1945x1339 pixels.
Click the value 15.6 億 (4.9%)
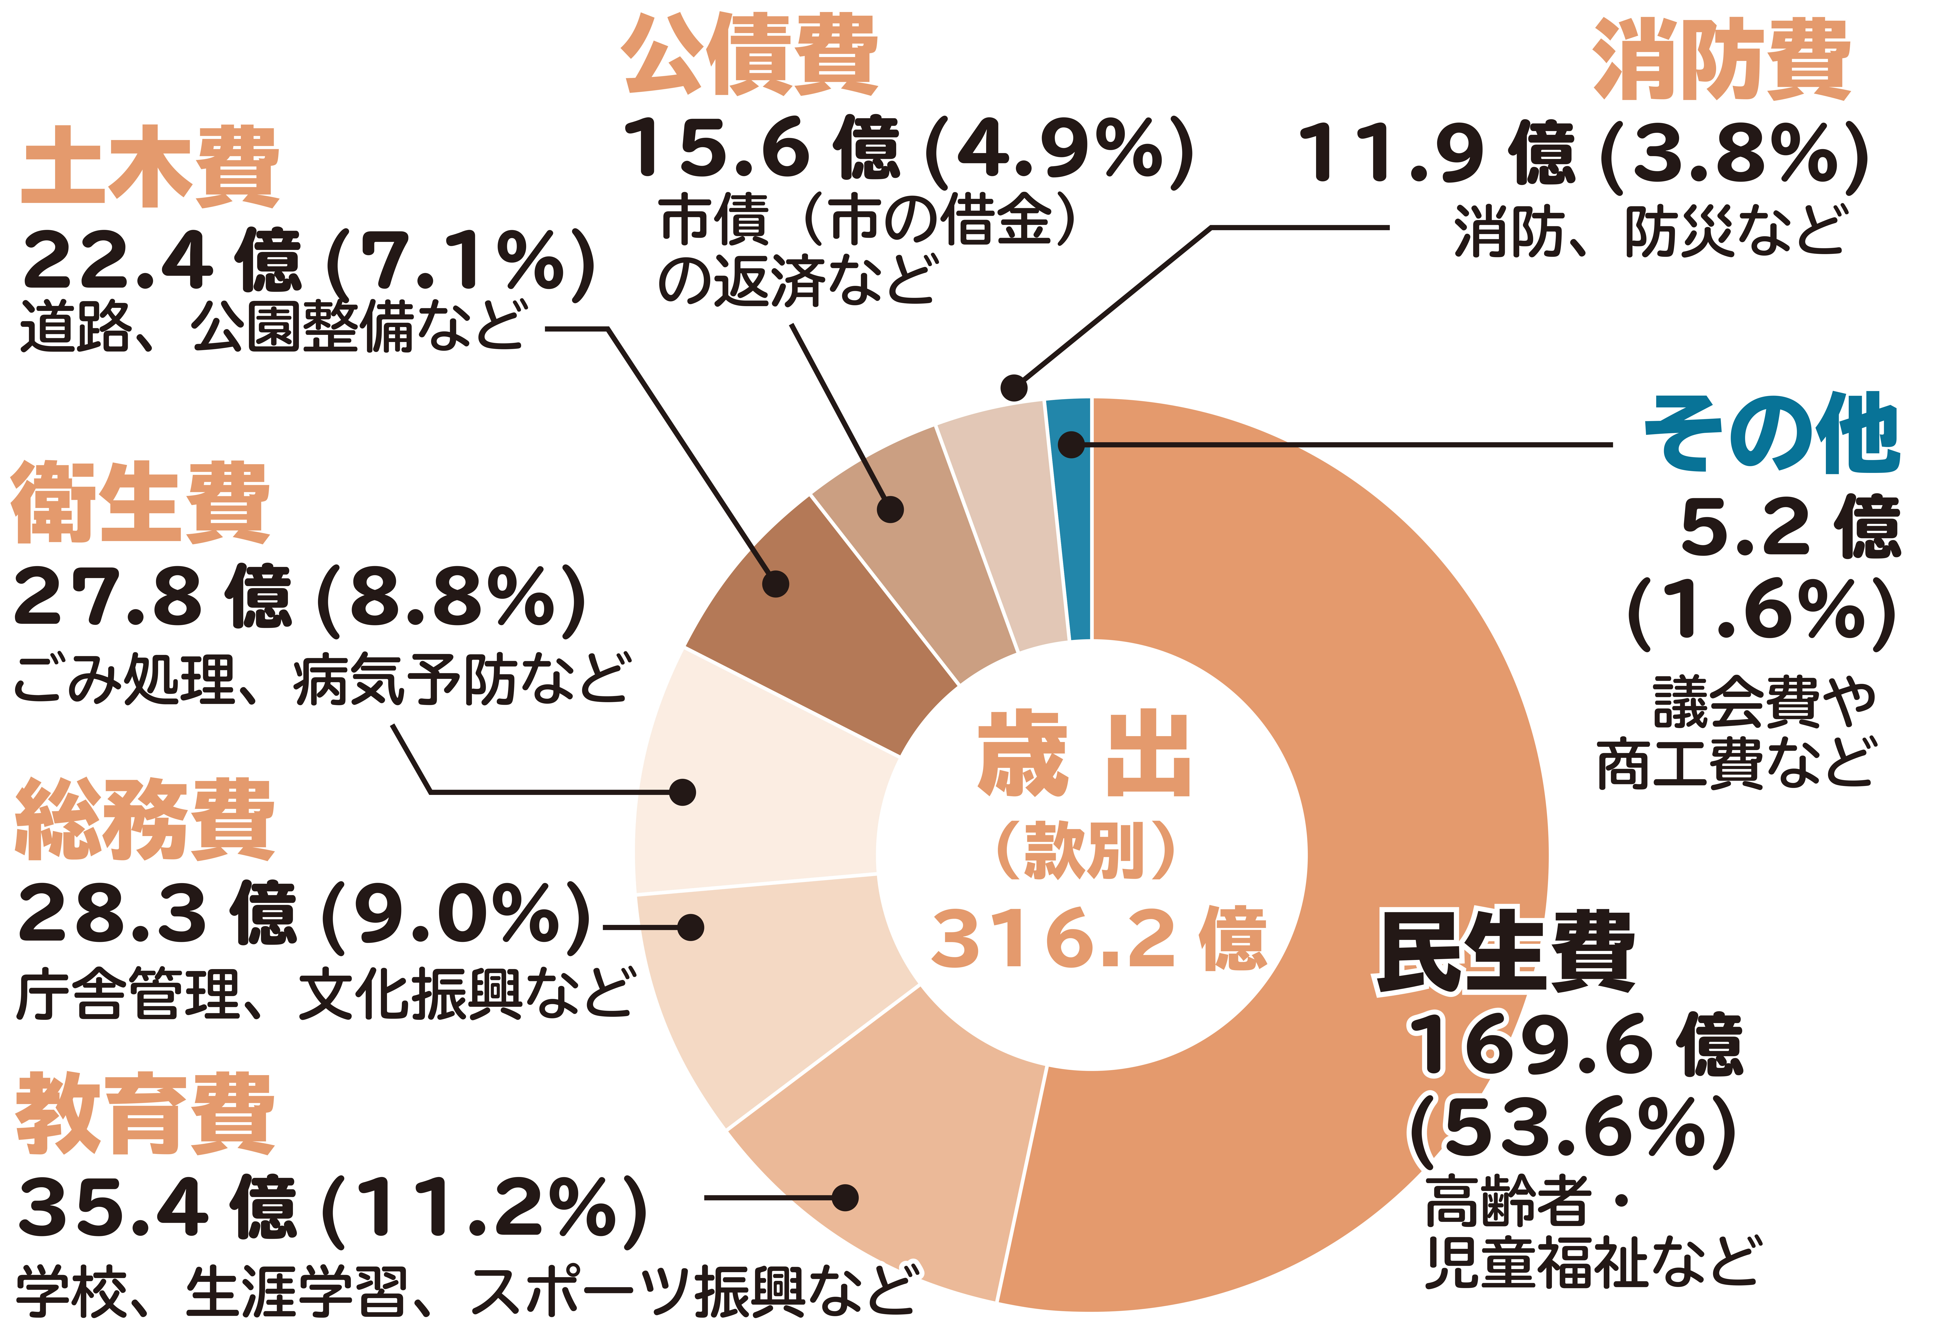pyautogui.click(x=906, y=149)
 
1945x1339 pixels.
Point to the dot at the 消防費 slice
pyautogui.click(x=1014, y=388)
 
